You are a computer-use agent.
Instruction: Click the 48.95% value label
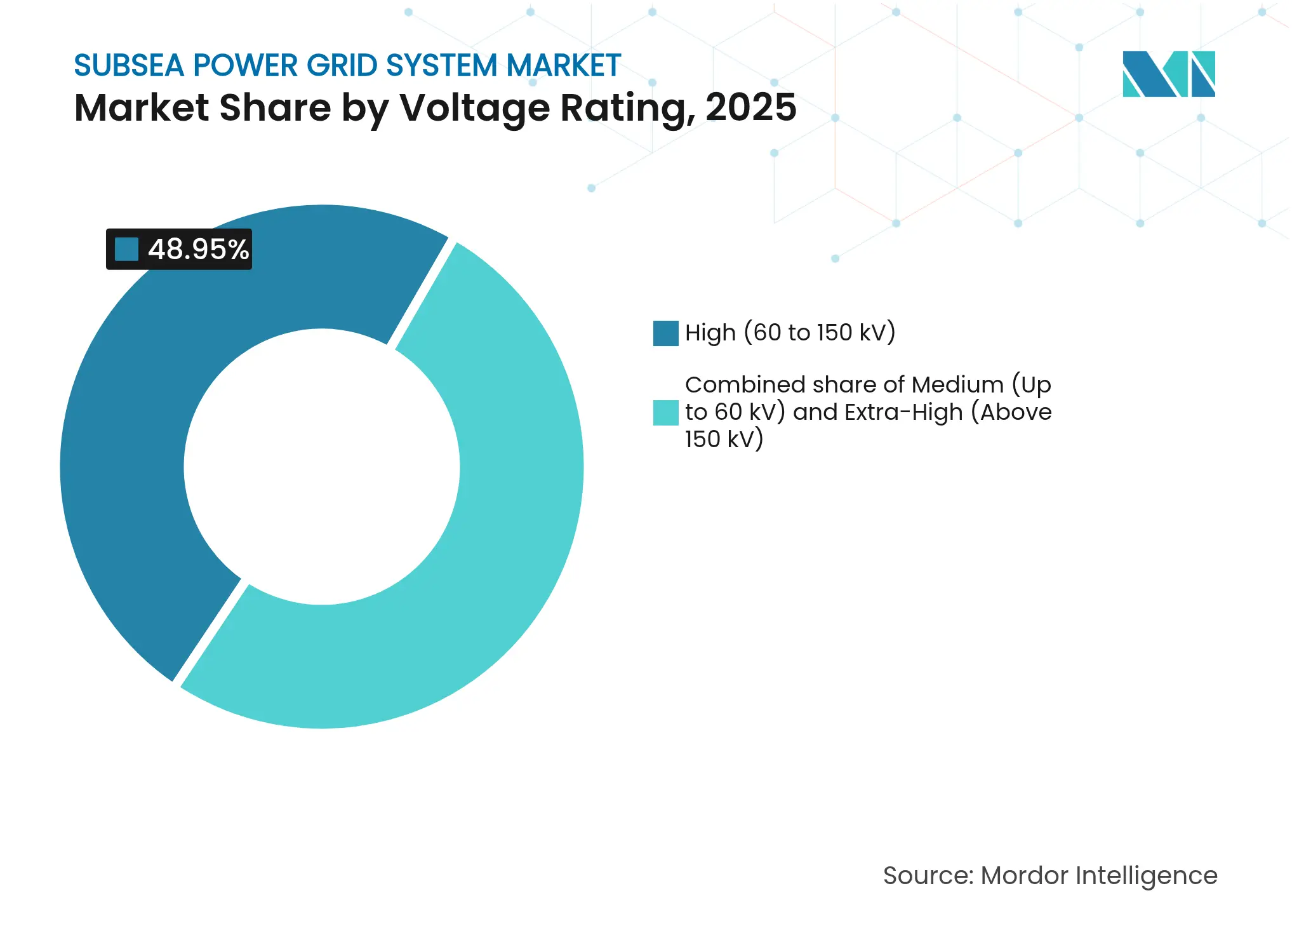(x=198, y=249)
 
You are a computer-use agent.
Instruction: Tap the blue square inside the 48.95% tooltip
(x=126, y=249)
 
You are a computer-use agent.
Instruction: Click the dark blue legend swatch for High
(x=665, y=333)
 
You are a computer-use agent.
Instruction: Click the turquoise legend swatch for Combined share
(x=665, y=412)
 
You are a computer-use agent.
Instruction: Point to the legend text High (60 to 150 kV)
(x=790, y=333)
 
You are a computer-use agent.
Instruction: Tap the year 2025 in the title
(x=750, y=107)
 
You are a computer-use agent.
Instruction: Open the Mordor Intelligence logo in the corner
(x=1168, y=74)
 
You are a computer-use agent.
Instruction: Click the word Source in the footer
(x=927, y=875)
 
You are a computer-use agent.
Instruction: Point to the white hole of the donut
(x=322, y=467)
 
